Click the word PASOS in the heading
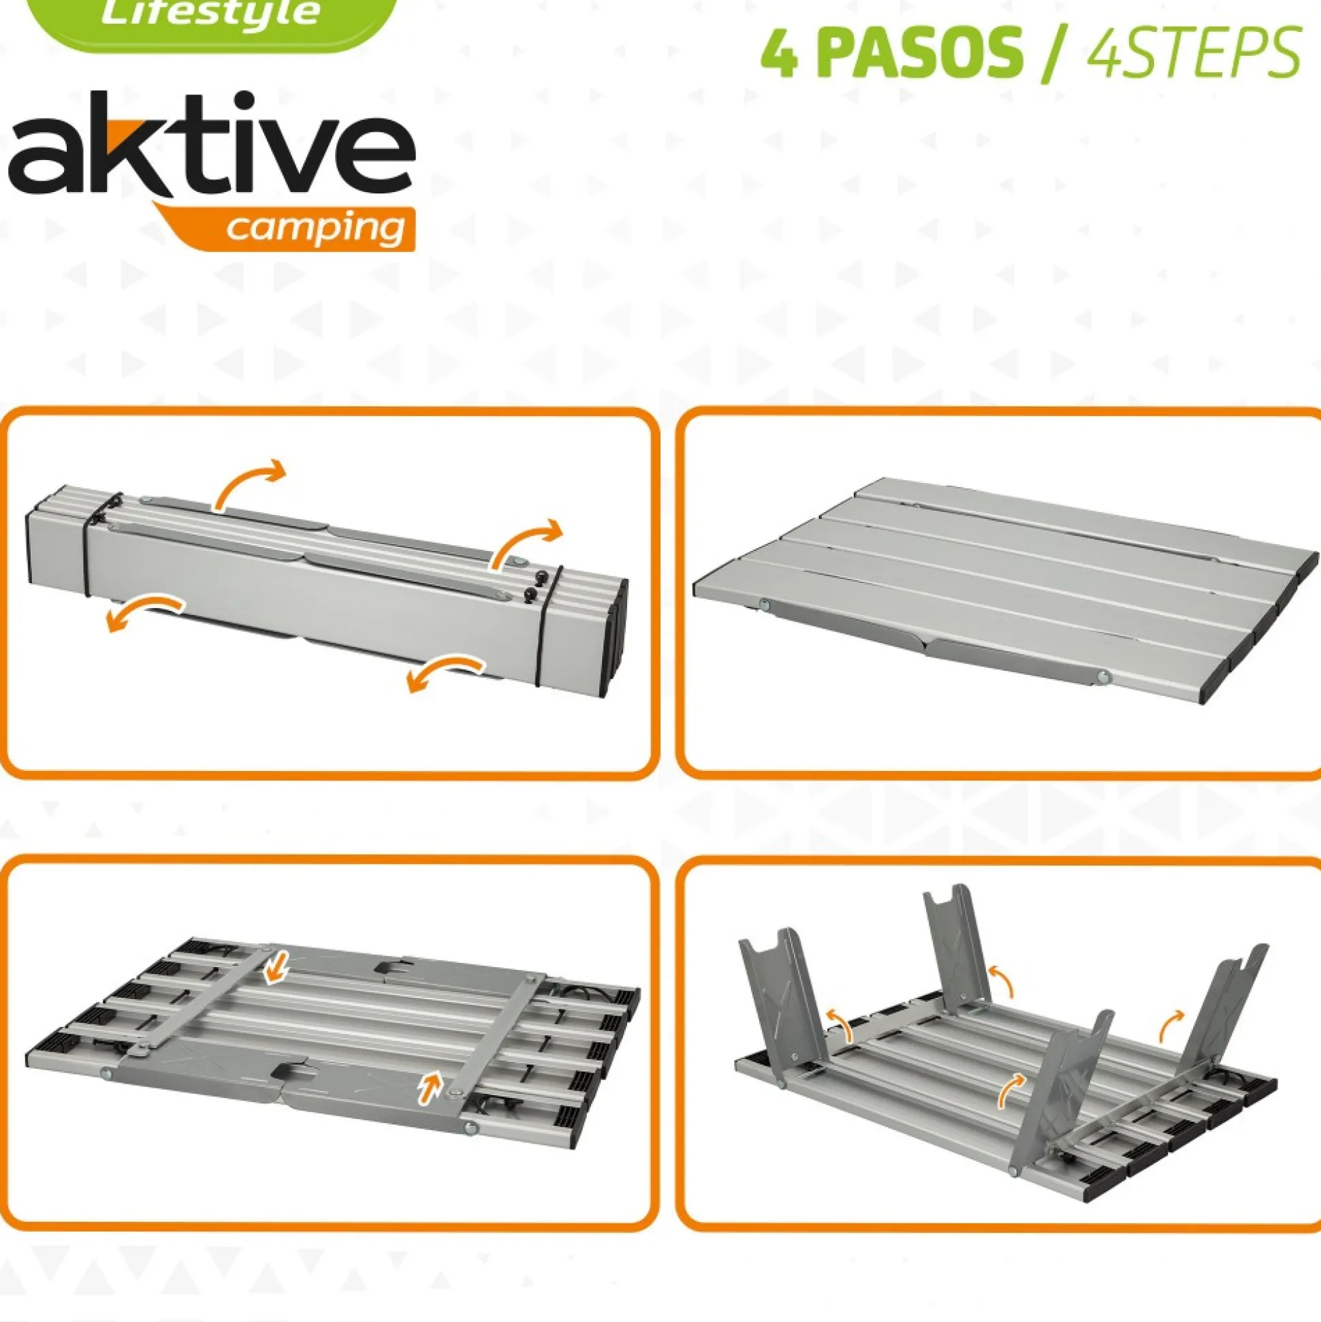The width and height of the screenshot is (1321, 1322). (921, 55)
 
